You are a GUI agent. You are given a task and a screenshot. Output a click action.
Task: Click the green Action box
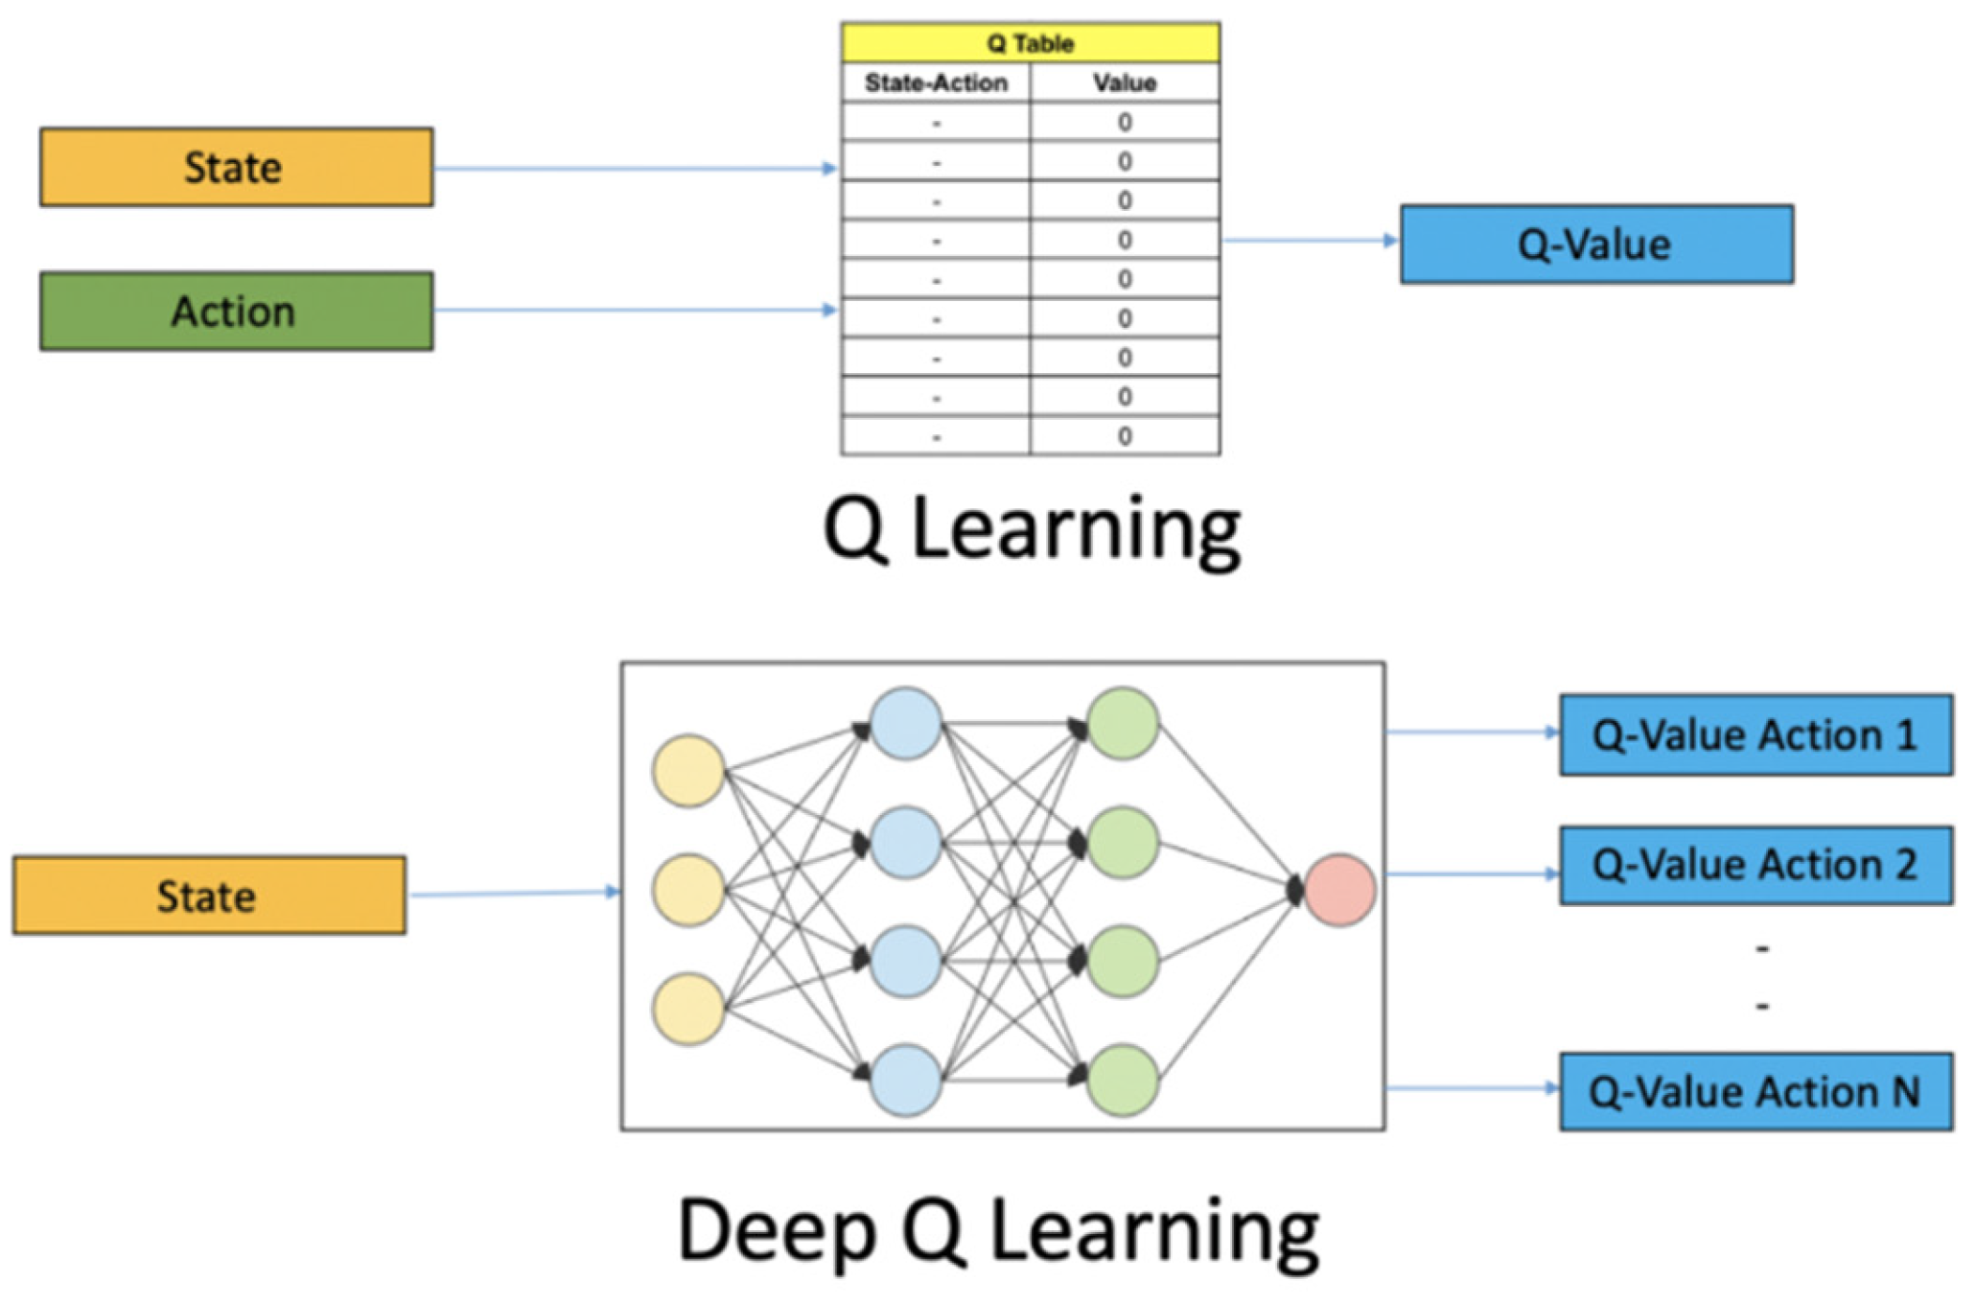click(236, 312)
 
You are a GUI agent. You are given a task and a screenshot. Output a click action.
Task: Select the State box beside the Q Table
click(236, 168)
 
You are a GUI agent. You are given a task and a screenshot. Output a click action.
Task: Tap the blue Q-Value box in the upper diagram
click(1596, 244)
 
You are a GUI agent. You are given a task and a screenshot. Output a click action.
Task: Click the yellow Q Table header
click(1030, 43)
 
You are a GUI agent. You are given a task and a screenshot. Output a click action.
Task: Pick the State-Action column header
click(936, 83)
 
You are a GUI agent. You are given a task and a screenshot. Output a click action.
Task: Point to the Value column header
click(1125, 83)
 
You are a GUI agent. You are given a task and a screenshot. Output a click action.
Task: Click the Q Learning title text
click(1032, 529)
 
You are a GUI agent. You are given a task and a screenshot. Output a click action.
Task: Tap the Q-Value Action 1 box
click(1755, 735)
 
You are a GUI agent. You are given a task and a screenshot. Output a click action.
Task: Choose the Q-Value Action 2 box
click(1755, 865)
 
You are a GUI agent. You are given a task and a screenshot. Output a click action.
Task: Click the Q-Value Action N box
click(1755, 1092)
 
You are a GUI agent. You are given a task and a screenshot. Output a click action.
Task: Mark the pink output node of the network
click(1339, 890)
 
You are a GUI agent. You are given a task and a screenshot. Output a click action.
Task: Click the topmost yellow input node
click(687, 771)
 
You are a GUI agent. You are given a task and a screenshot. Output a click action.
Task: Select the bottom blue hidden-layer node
click(905, 1081)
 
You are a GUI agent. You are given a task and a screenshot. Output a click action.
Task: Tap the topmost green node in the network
click(1123, 723)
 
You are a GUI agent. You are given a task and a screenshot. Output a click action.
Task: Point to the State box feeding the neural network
click(209, 896)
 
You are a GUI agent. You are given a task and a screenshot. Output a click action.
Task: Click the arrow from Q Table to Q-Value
click(1309, 240)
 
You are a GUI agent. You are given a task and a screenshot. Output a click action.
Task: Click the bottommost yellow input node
click(687, 1009)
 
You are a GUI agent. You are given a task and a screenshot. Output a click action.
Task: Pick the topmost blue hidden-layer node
click(905, 723)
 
